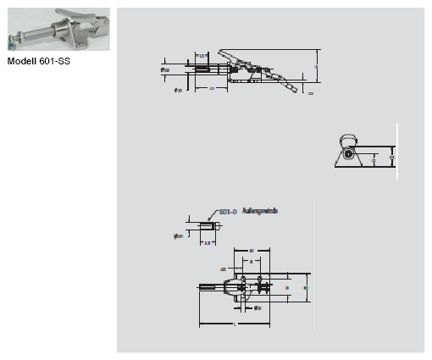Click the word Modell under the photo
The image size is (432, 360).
point(22,61)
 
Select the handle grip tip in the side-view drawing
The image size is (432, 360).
point(290,88)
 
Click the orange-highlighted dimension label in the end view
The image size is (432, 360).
point(374,158)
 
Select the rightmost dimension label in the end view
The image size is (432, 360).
point(392,157)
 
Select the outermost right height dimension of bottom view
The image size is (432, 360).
point(305,289)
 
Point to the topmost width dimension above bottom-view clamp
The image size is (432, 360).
point(252,252)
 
